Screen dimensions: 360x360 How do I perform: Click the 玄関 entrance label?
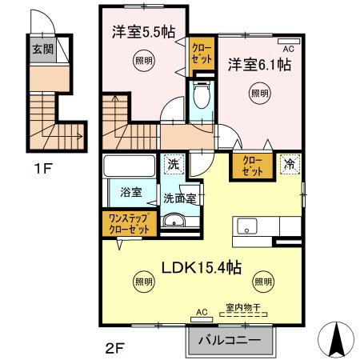click(42, 48)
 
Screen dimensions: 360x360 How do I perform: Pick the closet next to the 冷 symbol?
click(252, 166)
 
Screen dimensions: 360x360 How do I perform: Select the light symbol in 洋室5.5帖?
click(142, 61)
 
